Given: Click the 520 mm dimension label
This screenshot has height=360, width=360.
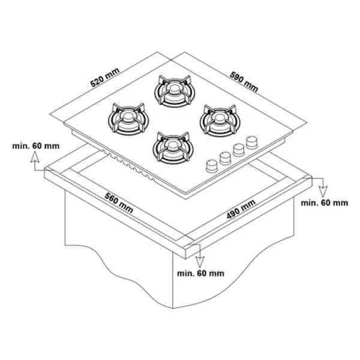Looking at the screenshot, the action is [105, 77].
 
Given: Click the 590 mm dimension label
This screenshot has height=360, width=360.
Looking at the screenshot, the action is [244, 82].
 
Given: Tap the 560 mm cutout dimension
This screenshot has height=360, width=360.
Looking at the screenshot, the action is [119, 203].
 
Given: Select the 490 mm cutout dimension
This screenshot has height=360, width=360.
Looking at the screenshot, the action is [241, 209].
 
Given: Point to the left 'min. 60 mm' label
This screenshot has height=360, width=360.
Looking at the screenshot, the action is [36, 146].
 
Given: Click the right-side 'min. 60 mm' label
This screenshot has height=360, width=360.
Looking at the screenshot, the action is [325, 203].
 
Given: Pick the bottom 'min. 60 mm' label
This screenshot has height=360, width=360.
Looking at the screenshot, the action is [200, 274].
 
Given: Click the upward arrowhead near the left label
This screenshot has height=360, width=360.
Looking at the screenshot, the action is [35, 158].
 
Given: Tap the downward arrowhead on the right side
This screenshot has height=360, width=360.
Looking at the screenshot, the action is [323, 191].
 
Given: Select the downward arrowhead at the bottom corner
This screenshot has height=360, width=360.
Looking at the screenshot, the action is [200, 262].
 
